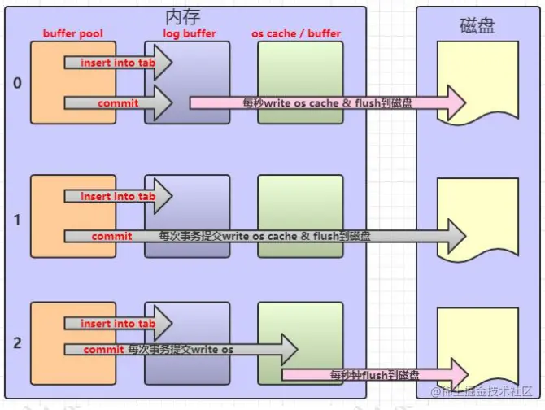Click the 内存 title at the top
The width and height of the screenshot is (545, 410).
tap(182, 17)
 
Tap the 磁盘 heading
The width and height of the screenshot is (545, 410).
tap(477, 26)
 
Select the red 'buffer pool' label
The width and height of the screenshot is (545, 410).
tap(73, 33)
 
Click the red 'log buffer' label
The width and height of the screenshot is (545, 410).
tap(190, 33)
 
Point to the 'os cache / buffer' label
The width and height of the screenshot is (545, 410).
tap(296, 33)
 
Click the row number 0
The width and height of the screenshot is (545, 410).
tap(17, 83)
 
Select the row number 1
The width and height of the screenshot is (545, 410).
tap(17, 220)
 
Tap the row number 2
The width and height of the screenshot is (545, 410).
tap(17, 343)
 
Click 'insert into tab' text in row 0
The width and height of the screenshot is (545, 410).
tap(118, 63)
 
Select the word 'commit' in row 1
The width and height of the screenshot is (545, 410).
tap(111, 236)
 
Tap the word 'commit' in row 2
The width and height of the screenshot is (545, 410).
tap(103, 350)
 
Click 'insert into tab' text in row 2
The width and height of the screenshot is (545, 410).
tap(118, 324)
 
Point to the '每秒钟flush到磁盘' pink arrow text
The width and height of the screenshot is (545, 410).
tap(374, 375)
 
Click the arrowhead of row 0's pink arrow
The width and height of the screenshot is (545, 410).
tap(456, 102)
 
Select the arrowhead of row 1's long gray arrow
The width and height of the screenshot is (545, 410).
tap(456, 236)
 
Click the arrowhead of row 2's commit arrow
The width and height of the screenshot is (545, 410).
tap(290, 350)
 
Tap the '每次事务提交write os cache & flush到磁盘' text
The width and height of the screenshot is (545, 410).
tap(264, 236)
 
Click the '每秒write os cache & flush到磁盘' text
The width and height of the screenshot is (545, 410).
tap(328, 103)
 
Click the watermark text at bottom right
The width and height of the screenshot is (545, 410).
tap(482, 391)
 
